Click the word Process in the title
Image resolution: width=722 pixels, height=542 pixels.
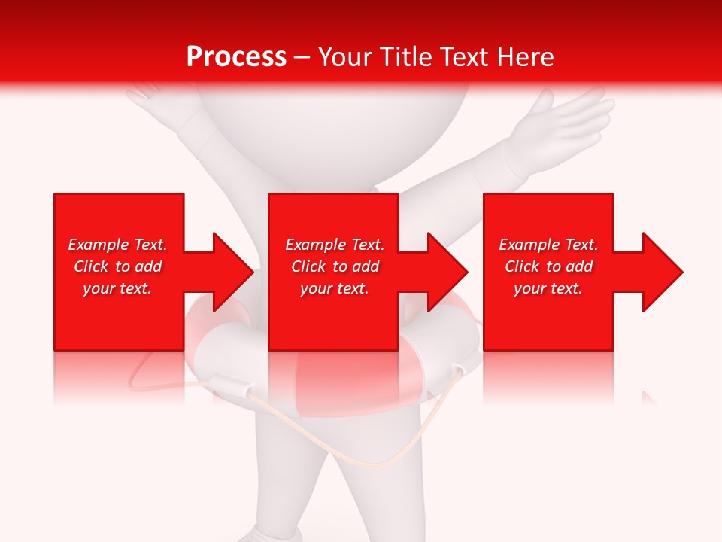[x=236, y=57]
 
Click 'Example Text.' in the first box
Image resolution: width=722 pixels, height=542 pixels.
[x=117, y=245]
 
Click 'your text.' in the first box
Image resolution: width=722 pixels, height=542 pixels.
[x=117, y=288]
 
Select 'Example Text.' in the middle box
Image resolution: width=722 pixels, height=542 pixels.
[x=335, y=245]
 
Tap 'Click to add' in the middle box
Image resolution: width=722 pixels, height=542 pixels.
[x=335, y=266]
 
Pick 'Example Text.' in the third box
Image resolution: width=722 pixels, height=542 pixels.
[x=548, y=245]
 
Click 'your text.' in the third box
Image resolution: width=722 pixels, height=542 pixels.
[x=548, y=288]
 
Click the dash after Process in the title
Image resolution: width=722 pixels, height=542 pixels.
[x=302, y=57]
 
